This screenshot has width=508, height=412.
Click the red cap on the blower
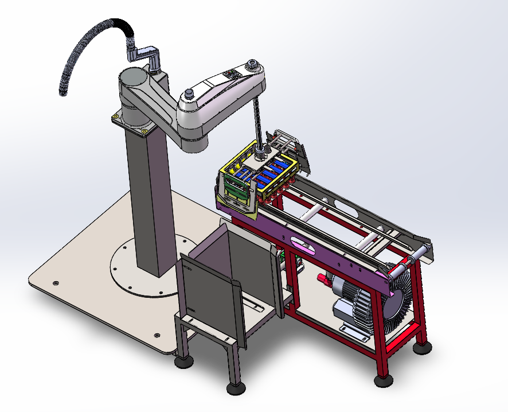click(x=323, y=279)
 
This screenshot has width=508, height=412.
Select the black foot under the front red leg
click(x=384, y=380)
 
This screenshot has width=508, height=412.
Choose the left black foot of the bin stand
click(x=184, y=361)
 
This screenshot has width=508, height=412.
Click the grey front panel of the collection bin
click(x=206, y=298)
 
